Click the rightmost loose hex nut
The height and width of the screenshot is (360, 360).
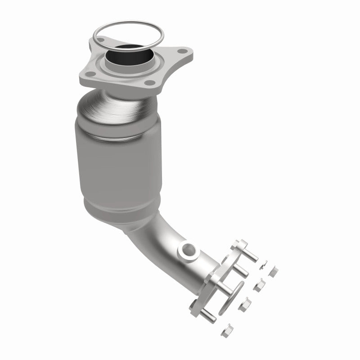[273, 271]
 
